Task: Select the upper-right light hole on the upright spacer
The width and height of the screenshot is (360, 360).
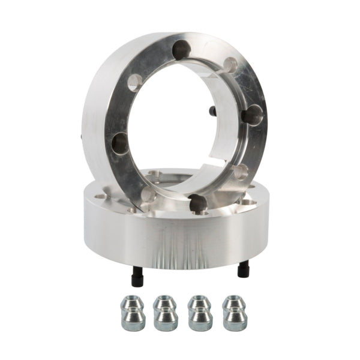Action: [230, 65]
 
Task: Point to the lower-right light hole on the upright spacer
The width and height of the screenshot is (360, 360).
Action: [240, 172]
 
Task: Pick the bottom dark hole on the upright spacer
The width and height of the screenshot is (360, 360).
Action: [197, 203]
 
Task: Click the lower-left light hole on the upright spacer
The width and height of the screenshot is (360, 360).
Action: [148, 193]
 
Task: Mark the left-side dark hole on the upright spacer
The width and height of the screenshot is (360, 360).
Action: [121, 143]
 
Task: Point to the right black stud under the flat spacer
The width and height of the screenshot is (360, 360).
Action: [243, 269]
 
